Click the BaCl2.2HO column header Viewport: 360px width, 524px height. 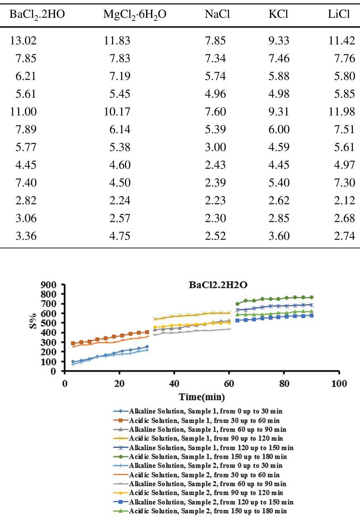click(x=37, y=14)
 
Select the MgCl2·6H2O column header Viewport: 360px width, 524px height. click(x=135, y=14)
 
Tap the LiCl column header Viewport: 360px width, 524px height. click(x=339, y=14)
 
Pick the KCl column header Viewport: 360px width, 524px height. click(x=278, y=14)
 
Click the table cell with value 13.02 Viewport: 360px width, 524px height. click(x=23, y=41)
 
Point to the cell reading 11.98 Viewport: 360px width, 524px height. click(x=342, y=112)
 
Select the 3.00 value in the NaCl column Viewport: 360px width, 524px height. click(x=215, y=147)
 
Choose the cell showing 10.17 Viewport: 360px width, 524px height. click(x=117, y=112)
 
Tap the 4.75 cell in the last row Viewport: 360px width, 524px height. click(x=120, y=236)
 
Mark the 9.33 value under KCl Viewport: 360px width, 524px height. click(x=279, y=41)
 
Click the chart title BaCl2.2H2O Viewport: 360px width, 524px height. click(x=218, y=285)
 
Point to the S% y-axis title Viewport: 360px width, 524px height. click(x=33, y=322)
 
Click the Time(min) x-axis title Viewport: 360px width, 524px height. click(x=202, y=397)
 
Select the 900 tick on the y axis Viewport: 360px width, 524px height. click(x=48, y=285)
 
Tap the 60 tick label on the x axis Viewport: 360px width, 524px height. click(x=229, y=384)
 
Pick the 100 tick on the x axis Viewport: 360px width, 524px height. click(x=339, y=384)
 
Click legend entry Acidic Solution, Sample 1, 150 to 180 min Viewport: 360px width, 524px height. click(x=208, y=457)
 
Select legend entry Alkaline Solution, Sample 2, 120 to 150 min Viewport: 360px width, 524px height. click(x=211, y=502)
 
